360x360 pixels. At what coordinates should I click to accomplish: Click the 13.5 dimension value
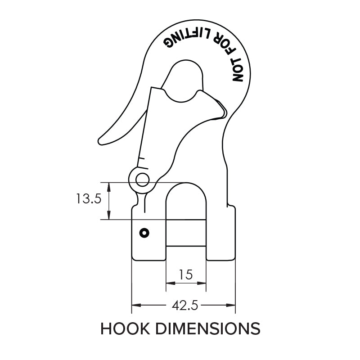[x=88, y=199]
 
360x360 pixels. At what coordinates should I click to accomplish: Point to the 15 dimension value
[x=186, y=274]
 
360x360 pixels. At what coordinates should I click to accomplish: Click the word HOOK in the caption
[x=124, y=328]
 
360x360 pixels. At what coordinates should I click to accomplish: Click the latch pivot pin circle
[x=142, y=180]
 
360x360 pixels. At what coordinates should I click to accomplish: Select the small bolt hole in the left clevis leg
[x=144, y=233]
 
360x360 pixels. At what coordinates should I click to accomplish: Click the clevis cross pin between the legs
[x=186, y=232]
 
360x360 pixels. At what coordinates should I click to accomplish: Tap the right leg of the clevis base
[x=221, y=234]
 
